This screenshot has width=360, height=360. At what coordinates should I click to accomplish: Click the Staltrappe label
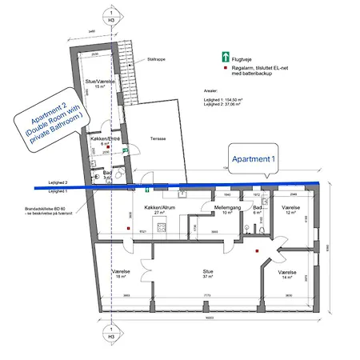(x=146, y=58)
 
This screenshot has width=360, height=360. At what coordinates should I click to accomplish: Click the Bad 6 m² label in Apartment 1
(x=258, y=209)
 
